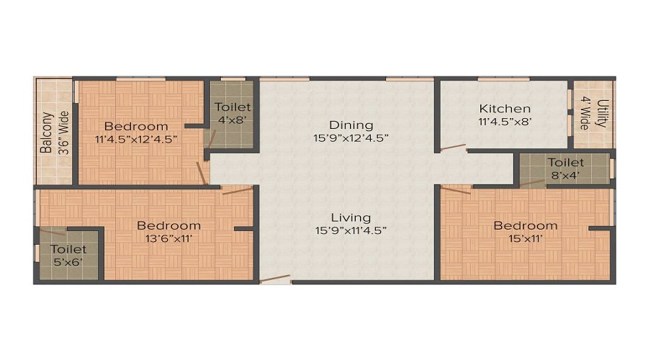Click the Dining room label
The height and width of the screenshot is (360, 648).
[351, 125]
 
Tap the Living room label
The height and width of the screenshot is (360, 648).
[351, 217]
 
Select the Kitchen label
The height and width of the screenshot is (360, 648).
[505, 109]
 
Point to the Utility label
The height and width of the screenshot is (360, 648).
[603, 114]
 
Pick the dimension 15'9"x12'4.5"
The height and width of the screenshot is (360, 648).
[351, 138]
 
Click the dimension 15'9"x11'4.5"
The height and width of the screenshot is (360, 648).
[351, 231]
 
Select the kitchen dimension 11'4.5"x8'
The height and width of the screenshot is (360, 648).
[505, 122]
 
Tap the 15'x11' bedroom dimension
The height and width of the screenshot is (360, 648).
[525, 239]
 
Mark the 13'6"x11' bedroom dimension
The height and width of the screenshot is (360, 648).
[168, 239]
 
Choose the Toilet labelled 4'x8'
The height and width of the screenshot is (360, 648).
[233, 114]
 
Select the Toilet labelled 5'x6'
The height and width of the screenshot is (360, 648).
[68, 255]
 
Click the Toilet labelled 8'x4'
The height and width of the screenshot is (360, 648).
[565, 169]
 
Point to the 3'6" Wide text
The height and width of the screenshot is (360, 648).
[63, 133]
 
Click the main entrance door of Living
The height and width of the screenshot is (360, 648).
[275, 279]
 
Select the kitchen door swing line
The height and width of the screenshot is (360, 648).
[453, 148]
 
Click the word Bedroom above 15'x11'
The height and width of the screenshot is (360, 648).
[525, 226]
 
